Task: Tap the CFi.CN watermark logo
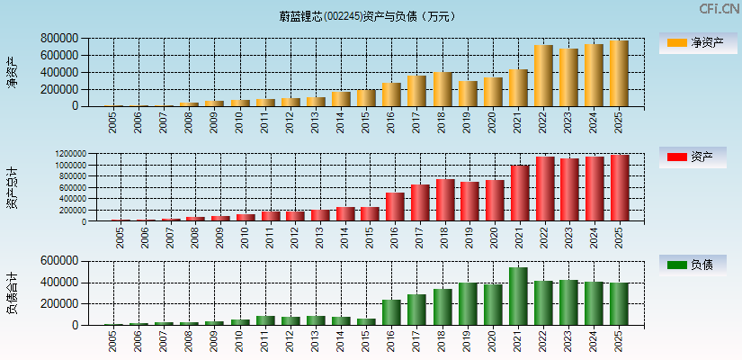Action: coord(720,9)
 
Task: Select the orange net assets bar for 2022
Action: coord(543,76)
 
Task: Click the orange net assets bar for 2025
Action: coord(619,74)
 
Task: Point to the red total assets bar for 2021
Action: coord(520,193)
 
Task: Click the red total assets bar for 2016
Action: coord(395,207)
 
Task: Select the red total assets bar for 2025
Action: coord(620,188)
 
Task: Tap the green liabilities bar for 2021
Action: coord(519,296)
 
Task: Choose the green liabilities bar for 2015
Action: coord(367,321)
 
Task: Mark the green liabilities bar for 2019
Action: coord(469,304)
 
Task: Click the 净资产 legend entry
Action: coord(698,43)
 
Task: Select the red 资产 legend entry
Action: coord(698,157)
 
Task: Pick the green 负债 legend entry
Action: coord(698,265)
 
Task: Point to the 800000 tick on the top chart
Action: coord(58,39)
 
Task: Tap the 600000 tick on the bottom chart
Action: coord(58,261)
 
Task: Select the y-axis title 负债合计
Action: coord(12,292)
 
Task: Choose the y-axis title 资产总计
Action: coord(12,188)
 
